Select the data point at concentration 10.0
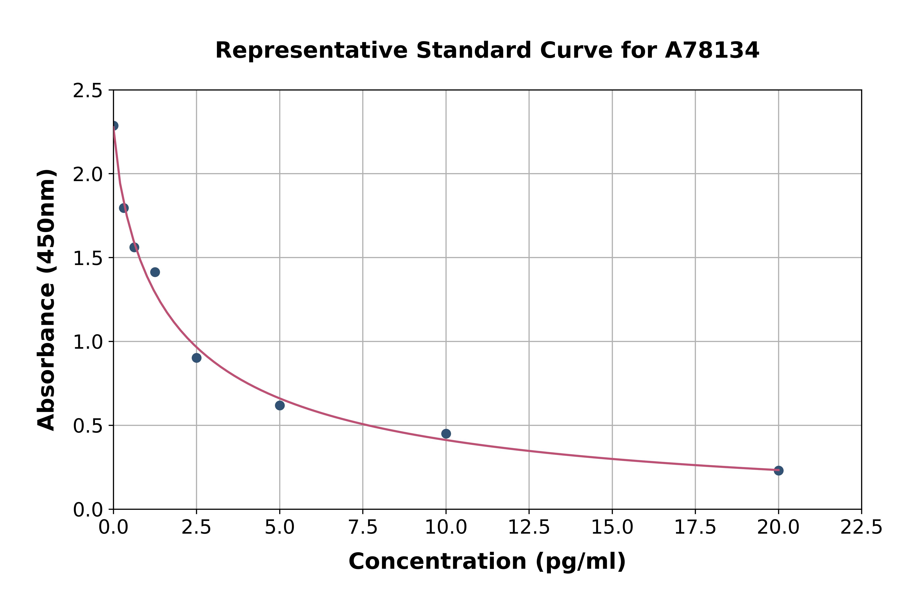click(x=446, y=434)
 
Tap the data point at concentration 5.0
click(x=280, y=405)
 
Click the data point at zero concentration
click(x=114, y=126)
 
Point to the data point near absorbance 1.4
click(x=155, y=272)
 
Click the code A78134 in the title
click(x=712, y=50)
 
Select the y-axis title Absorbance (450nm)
click(x=47, y=300)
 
